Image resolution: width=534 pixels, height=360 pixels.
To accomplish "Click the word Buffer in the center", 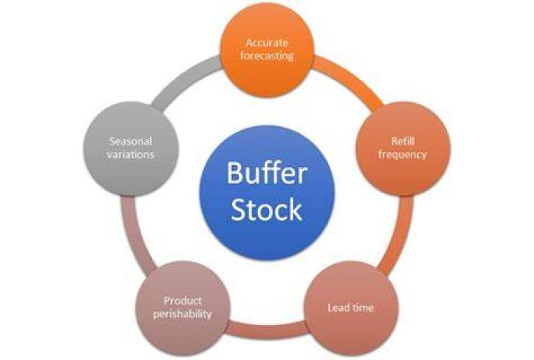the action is (x=267, y=173).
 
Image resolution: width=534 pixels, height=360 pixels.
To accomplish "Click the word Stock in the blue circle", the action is (x=267, y=209).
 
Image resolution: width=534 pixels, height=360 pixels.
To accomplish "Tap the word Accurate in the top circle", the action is (x=267, y=43).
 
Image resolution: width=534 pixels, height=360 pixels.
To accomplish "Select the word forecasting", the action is (x=267, y=56).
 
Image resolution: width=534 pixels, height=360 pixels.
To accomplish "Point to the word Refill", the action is (x=402, y=141).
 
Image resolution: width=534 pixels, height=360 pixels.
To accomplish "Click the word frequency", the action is (x=402, y=155).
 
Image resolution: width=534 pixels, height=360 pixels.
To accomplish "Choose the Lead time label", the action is (x=350, y=308).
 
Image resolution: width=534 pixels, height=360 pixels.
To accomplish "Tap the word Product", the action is (x=182, y=301).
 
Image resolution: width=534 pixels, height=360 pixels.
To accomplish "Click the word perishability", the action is (x=182, y=314).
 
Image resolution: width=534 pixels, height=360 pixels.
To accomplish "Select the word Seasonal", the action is (x=131, y=141).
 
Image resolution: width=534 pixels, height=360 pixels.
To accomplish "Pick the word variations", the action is (x=131, y=155).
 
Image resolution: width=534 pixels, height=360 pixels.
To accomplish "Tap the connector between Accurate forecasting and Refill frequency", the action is (x=350, y=81).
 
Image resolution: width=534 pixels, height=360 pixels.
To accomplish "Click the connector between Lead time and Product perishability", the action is (x=267, y=330).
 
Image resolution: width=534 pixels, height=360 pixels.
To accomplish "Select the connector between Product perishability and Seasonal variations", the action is (x=135, y=235).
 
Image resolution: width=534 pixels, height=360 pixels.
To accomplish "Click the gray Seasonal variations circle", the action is (x=131, y=148).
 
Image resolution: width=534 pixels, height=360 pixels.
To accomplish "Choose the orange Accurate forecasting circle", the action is (x=267, y=50).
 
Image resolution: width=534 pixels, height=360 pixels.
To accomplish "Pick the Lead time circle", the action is (x=350, y=308).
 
